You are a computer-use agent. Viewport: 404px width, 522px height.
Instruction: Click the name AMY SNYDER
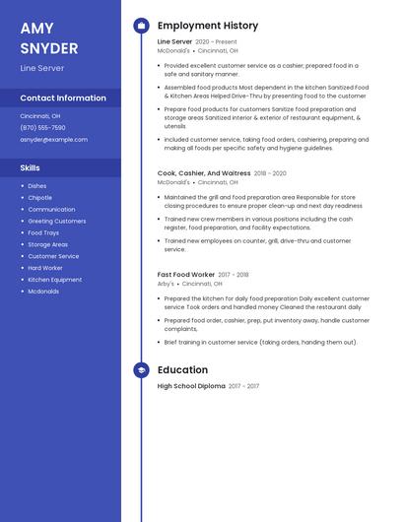pyautogui.click(x=49, y=38)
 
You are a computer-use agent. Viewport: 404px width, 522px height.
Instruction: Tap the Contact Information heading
pyautogui.click(x=63, y=98)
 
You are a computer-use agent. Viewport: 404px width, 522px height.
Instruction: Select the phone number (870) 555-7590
pyautogui.click(x=42, y=128)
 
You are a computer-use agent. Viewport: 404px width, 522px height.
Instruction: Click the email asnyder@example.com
pyautogui.click(x=53, y=140)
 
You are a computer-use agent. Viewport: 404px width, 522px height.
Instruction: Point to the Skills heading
pyautogui.click(x=31, y=168)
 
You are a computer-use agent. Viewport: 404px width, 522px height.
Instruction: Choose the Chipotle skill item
pyautogui.click(x=39, y=198)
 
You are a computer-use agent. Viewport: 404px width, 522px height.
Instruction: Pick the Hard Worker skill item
pyautogui.click(x=44, y=268)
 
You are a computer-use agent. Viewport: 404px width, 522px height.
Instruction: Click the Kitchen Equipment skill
pyautogui.click(x=54, y=280)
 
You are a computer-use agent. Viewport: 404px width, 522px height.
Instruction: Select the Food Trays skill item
pyautogui.click(x=43, y=232)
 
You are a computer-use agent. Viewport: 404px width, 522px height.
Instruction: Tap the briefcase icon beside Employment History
pyautogui.click(x=141, y=26)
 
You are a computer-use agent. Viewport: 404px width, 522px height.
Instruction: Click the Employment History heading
pyautogui.click(x=208, y=26)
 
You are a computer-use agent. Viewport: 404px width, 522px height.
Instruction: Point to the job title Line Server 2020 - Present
pyautogui.click(x=197, y=42)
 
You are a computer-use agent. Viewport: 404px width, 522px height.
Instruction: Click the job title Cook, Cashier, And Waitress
pyautogui.click(x=204, y=173)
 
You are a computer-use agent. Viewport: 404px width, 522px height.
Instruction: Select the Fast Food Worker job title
pyautogui.click(x=186, y=275)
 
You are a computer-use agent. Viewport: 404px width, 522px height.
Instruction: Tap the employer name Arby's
pyautogui.click(x=166, y=284)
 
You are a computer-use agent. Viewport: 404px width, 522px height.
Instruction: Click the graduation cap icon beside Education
pyautogui.click(x=141, y=370)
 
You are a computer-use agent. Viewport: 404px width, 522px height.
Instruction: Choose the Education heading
pyautogui.click(x=182, y=370)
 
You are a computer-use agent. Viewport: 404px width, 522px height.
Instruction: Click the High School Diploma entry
pyautogui.click(x=191, y=386)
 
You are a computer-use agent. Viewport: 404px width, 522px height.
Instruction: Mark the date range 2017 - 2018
pyautogui.click(x=234, y=275)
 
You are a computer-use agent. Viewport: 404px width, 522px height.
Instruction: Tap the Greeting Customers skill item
pyautogui.click(x=56, y=222)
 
